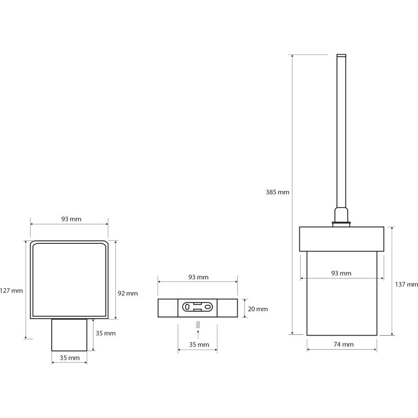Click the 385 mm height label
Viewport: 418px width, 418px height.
(x=277, y=192)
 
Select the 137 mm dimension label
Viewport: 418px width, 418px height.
(x=406, y=284)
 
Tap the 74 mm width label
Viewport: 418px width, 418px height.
(x=344, y=344)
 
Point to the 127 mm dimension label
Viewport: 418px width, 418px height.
(x=11, y=291)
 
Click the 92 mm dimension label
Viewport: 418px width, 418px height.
(x=127, y=293)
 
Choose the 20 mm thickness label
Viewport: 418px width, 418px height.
(x=258, y=309)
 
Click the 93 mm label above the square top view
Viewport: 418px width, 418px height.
(x=71, y=219)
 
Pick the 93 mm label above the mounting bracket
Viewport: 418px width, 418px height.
(x=198, y=277)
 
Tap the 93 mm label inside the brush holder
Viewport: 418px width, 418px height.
(x=341, y=273)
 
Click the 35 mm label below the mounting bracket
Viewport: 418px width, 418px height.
(x=199, y=345)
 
